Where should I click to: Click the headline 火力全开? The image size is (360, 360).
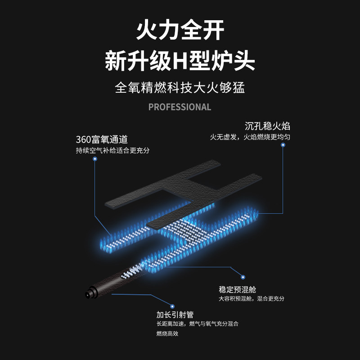[180, 32]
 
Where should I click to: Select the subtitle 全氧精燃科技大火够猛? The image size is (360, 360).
[180, 87]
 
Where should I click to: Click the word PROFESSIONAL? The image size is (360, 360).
[180, 107]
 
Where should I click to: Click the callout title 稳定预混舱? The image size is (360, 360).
[237, 289]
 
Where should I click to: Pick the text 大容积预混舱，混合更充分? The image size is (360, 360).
[252, 299]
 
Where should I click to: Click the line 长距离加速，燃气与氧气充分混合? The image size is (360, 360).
[197, 324]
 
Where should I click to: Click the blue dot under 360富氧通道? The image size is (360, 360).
[94, 159]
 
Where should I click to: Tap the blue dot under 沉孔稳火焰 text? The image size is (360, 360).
[283, 145]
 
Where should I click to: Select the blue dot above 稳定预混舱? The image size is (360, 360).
[243, 277]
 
